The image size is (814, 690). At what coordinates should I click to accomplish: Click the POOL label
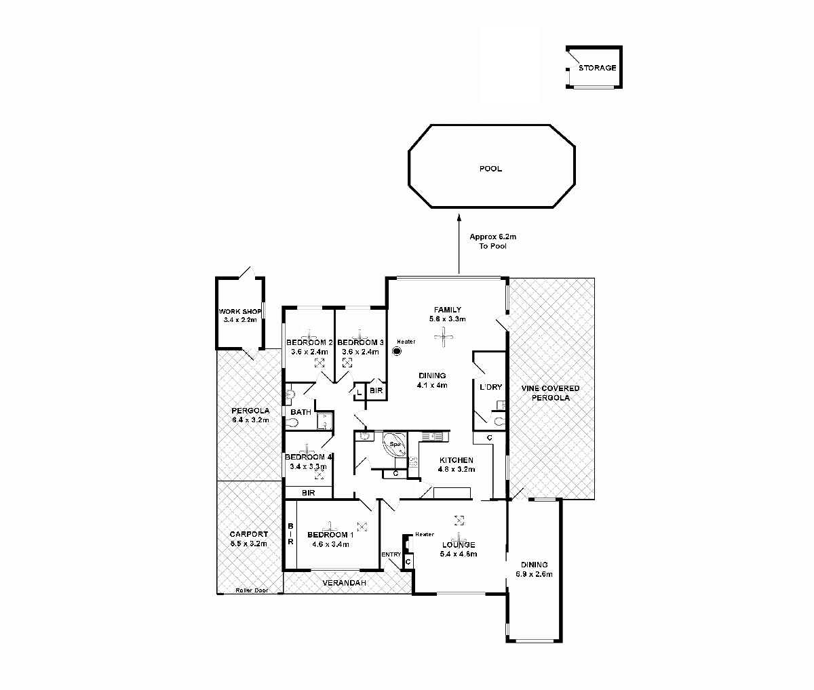point(490,169)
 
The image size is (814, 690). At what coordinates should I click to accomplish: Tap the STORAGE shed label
point(597,68)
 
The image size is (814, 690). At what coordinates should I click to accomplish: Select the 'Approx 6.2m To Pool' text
point(492,241)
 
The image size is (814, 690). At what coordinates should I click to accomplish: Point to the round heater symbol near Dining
point(397,351)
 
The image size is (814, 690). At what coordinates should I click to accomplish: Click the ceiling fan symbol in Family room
point(444,334)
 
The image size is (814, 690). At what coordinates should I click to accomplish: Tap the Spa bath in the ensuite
point(394,445)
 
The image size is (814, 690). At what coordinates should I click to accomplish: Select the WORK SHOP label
point(239,312)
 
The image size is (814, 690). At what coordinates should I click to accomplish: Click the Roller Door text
point(251,590)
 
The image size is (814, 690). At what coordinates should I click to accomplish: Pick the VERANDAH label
point(344,583)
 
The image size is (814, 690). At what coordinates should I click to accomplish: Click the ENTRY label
point(391,554)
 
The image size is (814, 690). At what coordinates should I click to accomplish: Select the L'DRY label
point(490,387)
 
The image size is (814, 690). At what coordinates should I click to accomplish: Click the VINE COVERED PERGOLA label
point(550,393)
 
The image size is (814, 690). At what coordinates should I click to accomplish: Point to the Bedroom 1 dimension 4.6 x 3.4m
point(330,544)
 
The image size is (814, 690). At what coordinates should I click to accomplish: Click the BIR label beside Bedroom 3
point(376,391)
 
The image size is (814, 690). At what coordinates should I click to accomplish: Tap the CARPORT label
point(248,534)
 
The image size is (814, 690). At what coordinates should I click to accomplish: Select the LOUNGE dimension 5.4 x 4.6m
point(459,554)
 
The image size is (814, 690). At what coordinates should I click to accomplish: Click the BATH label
point(301,412)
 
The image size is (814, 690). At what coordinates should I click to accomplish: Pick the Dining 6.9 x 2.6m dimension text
point(534,574)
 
